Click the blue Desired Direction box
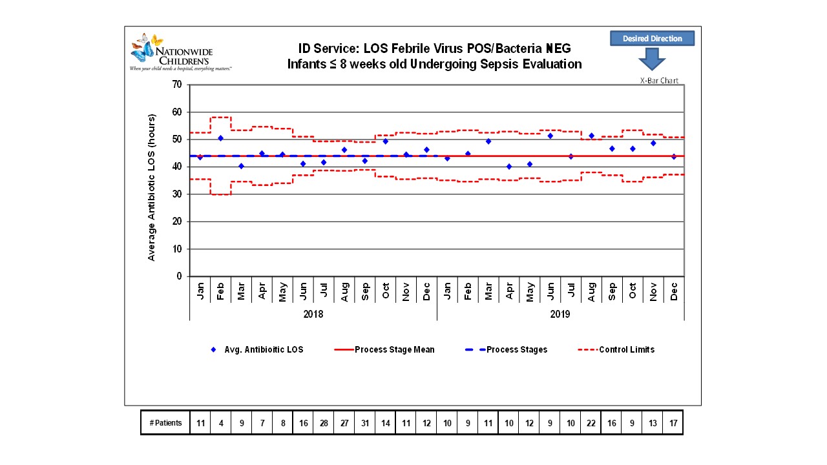tap(652, 39)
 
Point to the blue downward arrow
tap(651, 61)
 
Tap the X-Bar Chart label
tap(659, 81)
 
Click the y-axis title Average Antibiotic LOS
tap(152, 187)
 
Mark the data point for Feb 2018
tap(220, 138)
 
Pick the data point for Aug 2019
tap(591, 136)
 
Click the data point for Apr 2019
tap(509, 167)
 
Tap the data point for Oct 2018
tap(386, 141)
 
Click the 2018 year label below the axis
tap(313, 315)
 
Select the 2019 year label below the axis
tap(560, 315)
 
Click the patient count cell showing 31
tap(365, 423)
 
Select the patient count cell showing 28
tap(324, 423)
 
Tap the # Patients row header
tap(165, 423)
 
